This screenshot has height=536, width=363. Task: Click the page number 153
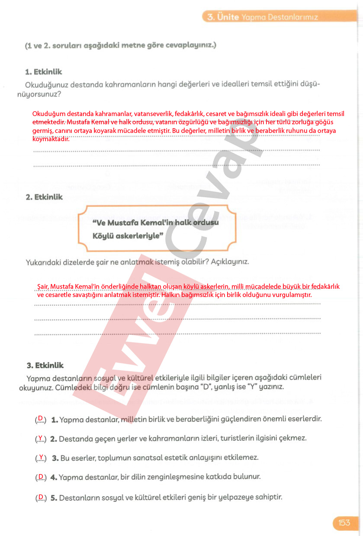(344, 523)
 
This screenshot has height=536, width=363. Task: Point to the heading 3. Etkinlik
(45, 365)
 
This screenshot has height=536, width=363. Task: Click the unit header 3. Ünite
(223, 17)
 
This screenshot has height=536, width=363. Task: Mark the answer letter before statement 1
(41, 419)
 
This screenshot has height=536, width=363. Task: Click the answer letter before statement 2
(40, 438)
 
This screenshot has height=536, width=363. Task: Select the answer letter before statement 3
(41, 457)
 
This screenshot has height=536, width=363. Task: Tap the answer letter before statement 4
(41, 477)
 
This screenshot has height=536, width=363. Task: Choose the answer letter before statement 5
(41, 497)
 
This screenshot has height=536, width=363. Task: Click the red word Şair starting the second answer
(42, 287)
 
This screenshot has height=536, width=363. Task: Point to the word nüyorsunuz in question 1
(39, 93)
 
